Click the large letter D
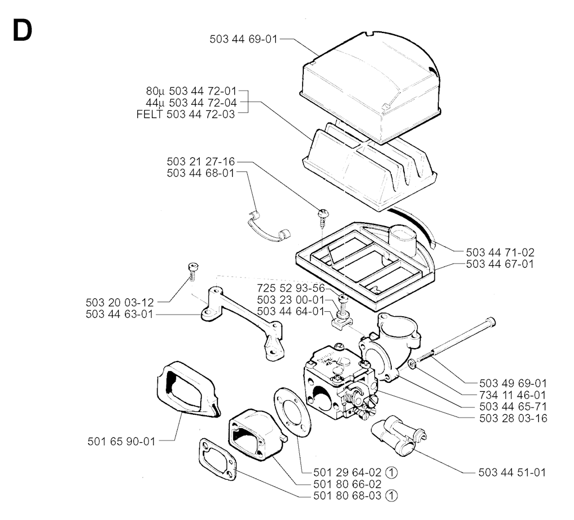22,30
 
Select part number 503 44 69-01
243,39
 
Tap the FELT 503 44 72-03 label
186,114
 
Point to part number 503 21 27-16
201,162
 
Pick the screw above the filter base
322,218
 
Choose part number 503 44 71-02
500,252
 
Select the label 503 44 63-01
119,314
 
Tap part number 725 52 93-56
291,288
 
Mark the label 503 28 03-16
513,418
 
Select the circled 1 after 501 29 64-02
391,472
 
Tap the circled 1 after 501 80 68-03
391,496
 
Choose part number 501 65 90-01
122,442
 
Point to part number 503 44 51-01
512,472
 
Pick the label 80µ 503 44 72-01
192,91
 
